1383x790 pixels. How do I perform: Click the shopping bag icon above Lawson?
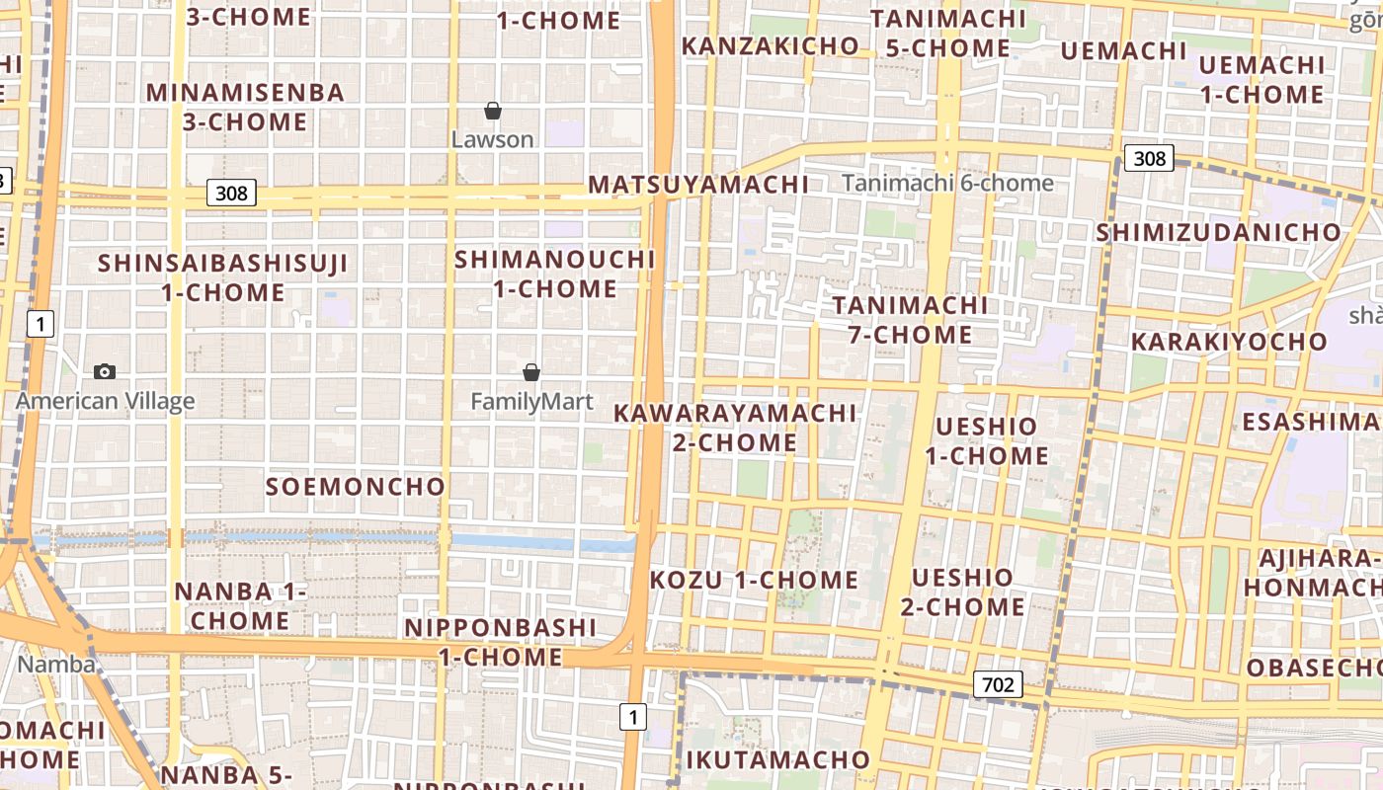click(x=493, y=111)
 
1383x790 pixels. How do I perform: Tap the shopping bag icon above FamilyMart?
click(x=531, y=372)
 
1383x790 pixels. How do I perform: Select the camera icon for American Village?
click(x=105, y=371)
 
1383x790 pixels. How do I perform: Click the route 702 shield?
click(x=997, y=683)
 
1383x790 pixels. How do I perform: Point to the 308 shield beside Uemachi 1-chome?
click(x=1149, y=158)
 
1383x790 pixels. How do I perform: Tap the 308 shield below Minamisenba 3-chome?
click(x=231, y=193)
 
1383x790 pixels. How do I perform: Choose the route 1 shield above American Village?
click(x=40, y=323)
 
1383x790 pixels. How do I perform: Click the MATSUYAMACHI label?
click(x=698, y=185)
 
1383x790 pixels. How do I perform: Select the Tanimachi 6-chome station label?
click(x=947, y=183)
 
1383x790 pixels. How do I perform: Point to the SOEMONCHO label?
click(x=356, y=487)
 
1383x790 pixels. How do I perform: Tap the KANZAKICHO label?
click(x=771, y=46)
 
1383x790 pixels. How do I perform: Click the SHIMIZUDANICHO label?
click(x=1219, y=233)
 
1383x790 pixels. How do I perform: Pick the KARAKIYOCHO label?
click(x=1229, y=342)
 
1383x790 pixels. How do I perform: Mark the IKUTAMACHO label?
click(x=777, y=759)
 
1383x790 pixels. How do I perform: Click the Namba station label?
click(x=56, y=664)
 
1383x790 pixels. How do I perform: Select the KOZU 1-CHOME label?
click(x=754, y=580)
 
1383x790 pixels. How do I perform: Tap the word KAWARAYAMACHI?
click(x=735, y=413)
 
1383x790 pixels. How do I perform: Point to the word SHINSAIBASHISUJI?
click(x=223, y=264)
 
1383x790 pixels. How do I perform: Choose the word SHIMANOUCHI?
click(x=554, y=260)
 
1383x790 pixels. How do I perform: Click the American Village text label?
click(x=105, y=401)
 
